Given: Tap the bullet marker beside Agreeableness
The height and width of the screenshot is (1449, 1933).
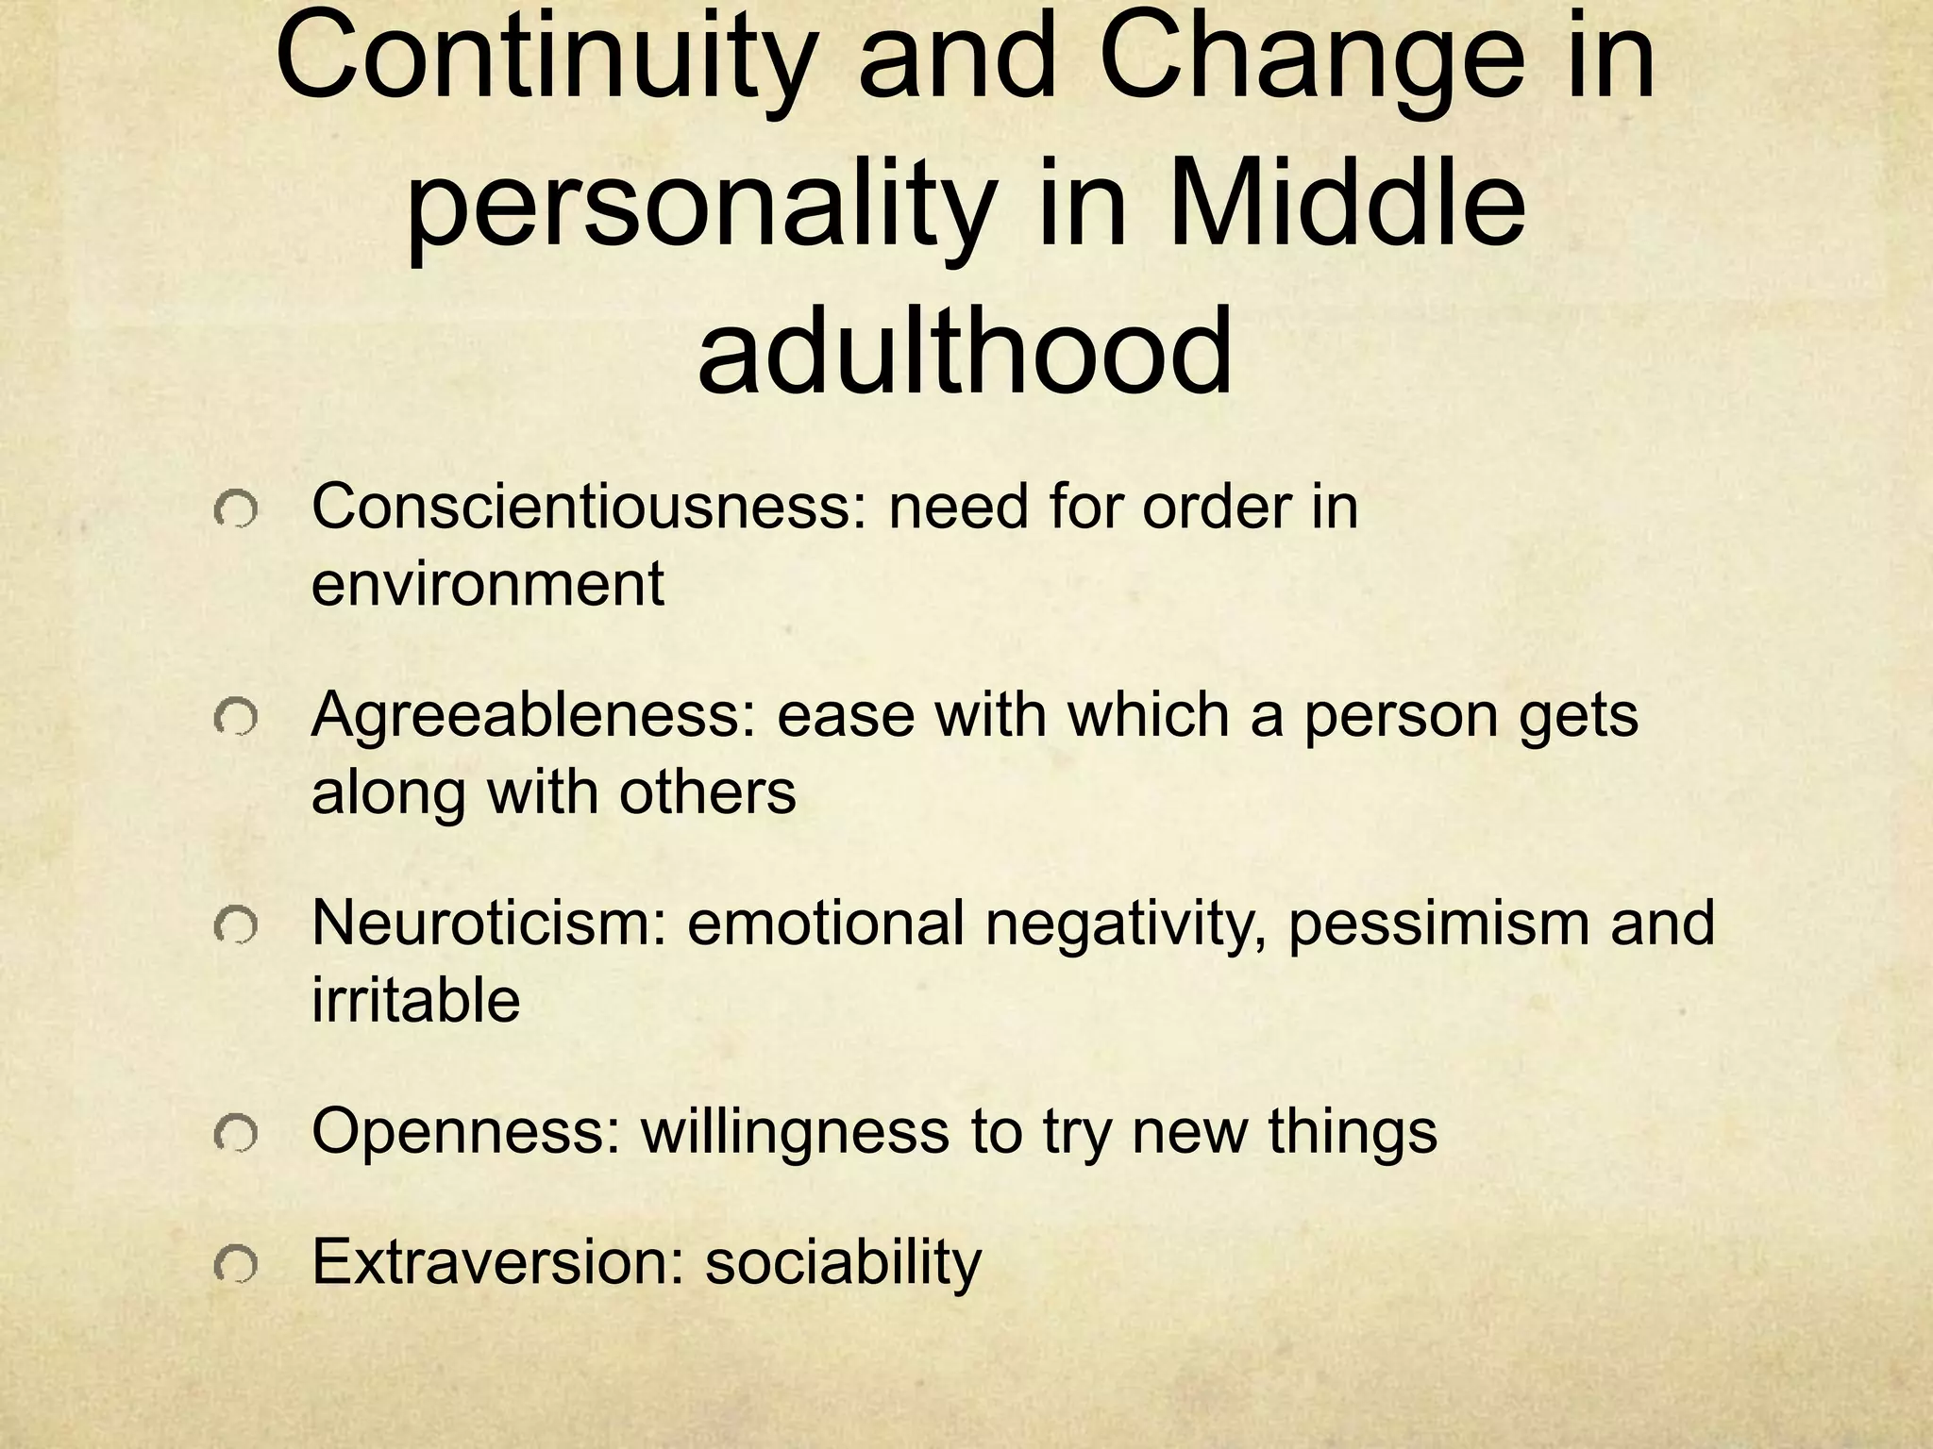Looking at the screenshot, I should [x=235, y=721].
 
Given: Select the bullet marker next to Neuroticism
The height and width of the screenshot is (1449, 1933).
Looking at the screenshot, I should [x=235, y=928].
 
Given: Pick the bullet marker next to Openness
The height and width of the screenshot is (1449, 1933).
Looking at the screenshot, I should [x=235, y=1137].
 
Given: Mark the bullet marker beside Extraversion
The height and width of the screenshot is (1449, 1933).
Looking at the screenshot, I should [x=235, y=1266].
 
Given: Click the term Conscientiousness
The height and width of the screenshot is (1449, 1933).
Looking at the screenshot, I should [x=588, y=508].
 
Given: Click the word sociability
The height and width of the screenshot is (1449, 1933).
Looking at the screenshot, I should [x=844, y=1262].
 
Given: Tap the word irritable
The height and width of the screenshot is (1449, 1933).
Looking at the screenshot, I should [x=415, y=1000].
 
